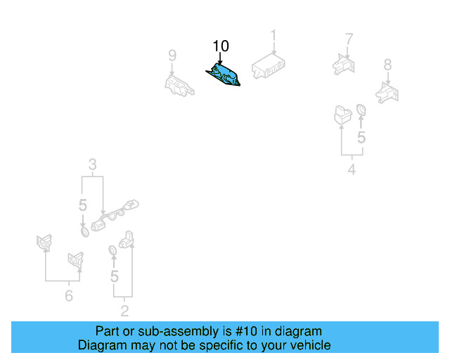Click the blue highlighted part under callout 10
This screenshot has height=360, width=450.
click(223, 75)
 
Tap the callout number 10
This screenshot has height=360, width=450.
click(221, 46)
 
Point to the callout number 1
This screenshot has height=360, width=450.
click(274, 35)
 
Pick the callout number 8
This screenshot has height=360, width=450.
click(387, 65)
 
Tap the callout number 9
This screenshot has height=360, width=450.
click(172, 55)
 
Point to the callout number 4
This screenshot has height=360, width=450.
click(352, 169)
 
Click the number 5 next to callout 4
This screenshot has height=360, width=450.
click(361, 138)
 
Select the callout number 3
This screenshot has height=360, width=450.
click(92, 166)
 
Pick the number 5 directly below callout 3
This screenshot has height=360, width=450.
click(82, 205)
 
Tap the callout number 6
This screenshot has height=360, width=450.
click(68, 296)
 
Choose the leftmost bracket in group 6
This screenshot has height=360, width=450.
click(44, 243)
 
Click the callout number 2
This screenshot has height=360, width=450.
click(124, 310)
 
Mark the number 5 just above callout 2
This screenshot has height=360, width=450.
click(114, 276)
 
